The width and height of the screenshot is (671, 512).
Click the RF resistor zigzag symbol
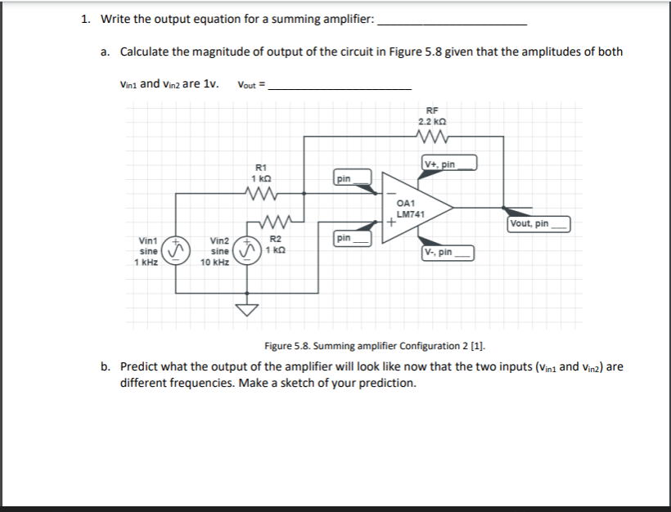pyautogui.click(x=431, y=137)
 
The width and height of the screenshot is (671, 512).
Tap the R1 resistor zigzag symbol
pyautogui.click(x=261, y=194)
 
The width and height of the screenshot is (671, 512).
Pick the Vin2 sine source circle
pyautogui.click(x=246, y=249)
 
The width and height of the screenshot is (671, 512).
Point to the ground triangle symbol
pyautogui.click(x=247, y=309)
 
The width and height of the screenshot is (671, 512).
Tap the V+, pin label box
pyautogui.click(x=448, y=164)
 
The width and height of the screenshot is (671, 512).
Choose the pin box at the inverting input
pyautogui.click(x=352, y=177)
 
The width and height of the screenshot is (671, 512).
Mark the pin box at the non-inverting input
pyautogui.click(x=352, y=238)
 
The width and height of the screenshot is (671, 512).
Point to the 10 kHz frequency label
pyautogui.click(x=215, y=263)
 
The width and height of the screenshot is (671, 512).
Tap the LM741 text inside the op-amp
pyautogui.click(x=408, y=213)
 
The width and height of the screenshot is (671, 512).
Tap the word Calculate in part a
pyautogui.click(x=146, y=52)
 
